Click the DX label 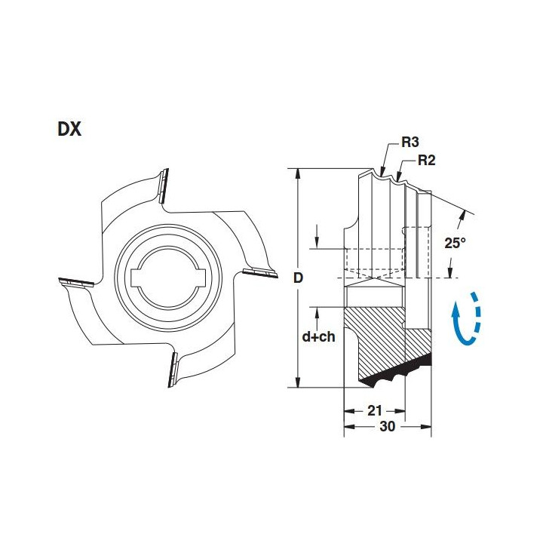(x=69, y=129)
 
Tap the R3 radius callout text (x=410, y=142)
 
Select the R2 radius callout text (x=427, y=161)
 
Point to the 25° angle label (x=455, y=243)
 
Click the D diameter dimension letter (x=298, y=278)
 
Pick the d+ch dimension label (x=318, y=336)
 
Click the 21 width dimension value (x=375, y=411)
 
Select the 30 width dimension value (x=387, y=427)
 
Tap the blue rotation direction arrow (x=467, y=319)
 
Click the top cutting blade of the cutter (x=164, y=186)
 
